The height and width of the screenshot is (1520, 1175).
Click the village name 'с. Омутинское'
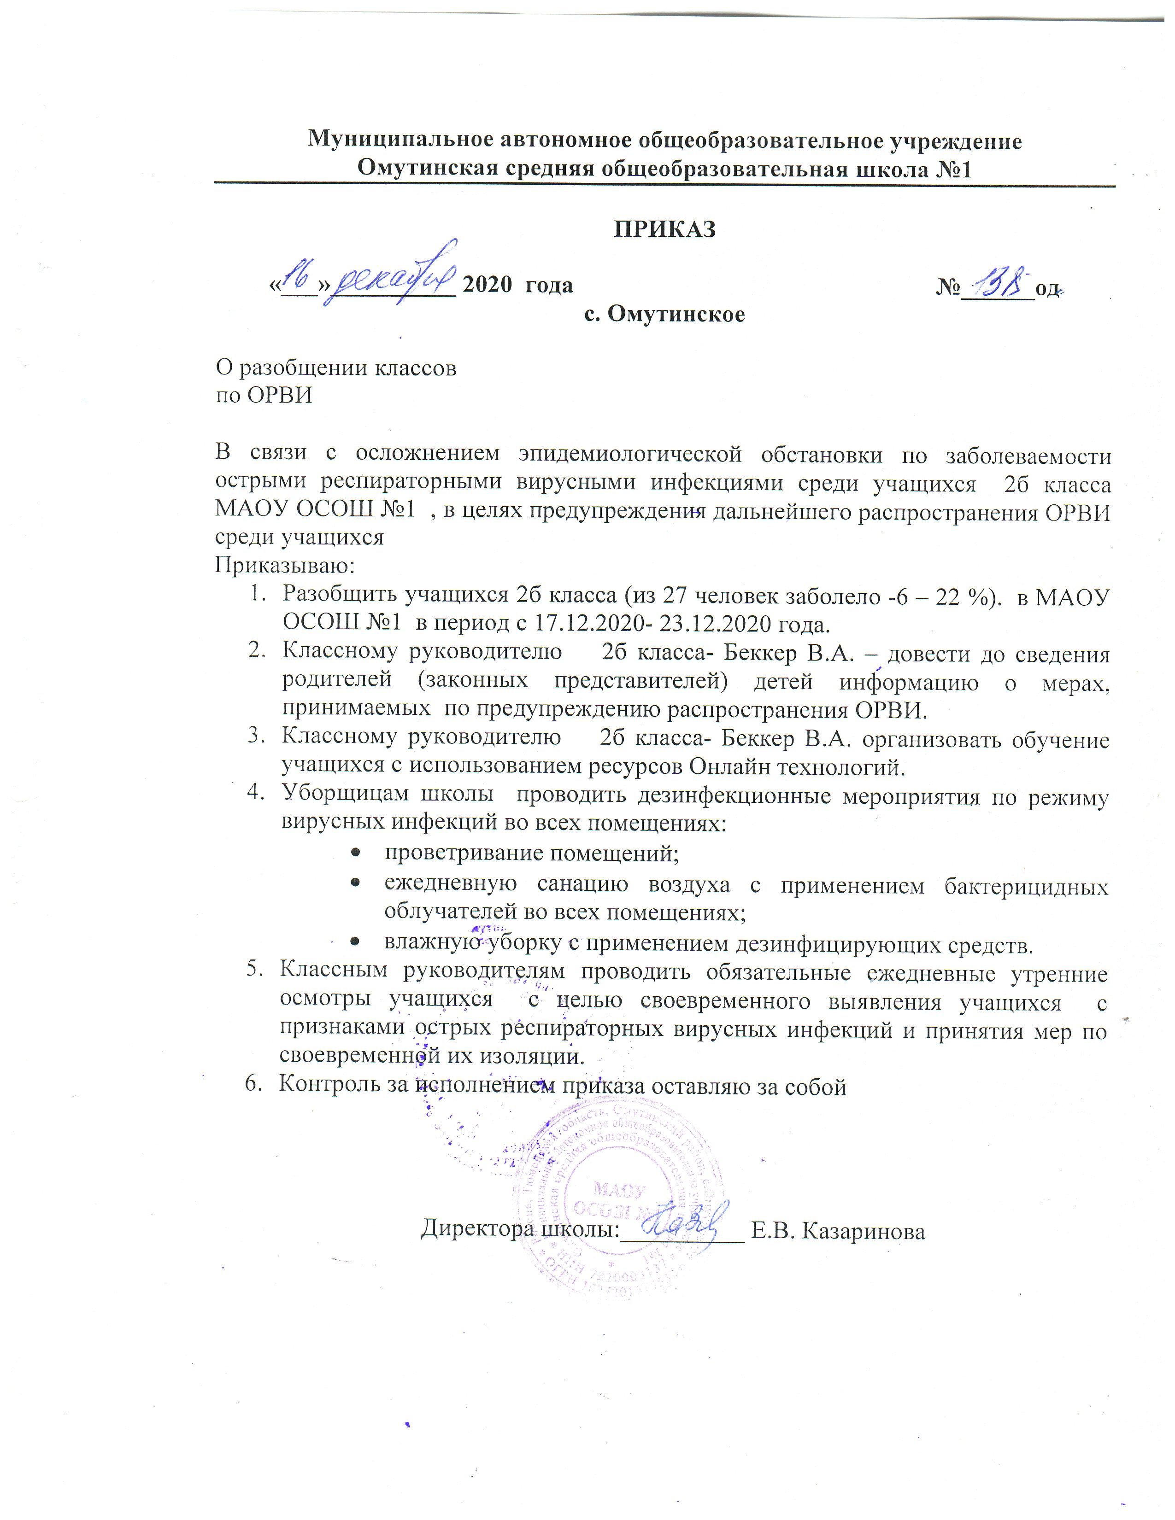pyautogui.click(x=664, y=315)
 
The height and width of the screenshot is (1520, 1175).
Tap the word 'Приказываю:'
pyautogui.click(x=285, y=565)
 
